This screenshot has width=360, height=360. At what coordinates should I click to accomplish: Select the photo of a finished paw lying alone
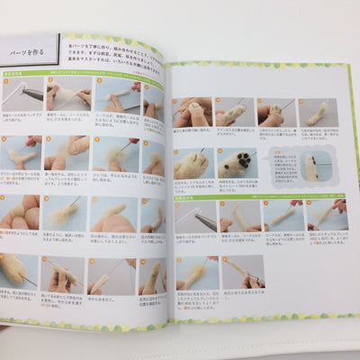pos(316,113)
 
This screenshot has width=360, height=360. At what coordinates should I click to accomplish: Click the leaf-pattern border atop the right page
pos(261,66)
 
